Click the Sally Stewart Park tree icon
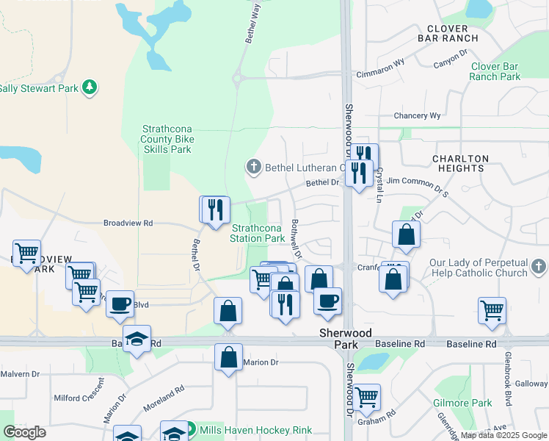point(90,87)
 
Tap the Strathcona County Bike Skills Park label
point(167,139)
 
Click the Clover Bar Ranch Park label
point(495,71)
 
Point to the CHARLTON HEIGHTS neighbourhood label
point(460,163)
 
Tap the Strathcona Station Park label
point(257,233)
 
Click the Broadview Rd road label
point(128,223)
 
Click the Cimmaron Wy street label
point(380,74)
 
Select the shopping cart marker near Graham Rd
point(366,398)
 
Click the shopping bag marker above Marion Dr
point(228,358)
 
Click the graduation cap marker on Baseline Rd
point(137,340)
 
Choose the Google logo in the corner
point(25,432)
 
